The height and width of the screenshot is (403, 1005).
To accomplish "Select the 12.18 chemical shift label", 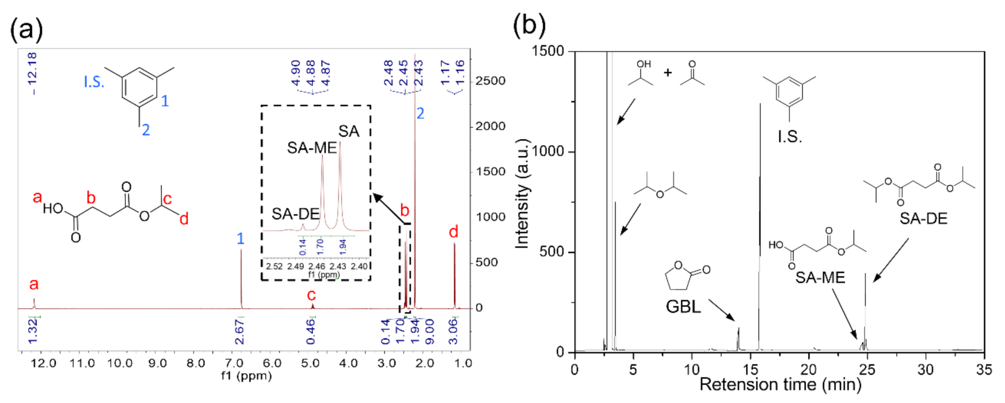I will point(32,73).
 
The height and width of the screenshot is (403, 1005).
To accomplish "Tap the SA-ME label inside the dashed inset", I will point(312,148).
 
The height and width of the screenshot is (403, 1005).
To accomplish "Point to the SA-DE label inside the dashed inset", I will point(295,214).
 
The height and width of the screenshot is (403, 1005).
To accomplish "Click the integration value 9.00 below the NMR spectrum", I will point(429,332).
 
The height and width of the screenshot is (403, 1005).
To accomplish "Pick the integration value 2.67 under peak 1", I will point(239,332).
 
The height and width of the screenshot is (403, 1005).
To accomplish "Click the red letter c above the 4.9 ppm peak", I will point(311,295).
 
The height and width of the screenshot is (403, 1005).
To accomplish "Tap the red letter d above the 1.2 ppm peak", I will point(453,232).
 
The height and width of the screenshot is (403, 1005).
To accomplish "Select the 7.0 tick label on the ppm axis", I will point(234,364).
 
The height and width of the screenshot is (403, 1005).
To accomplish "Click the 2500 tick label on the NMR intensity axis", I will point(491,81).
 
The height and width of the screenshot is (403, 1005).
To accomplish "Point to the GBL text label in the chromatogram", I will point(683,307).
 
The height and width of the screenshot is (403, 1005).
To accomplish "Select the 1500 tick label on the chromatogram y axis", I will point(548,51).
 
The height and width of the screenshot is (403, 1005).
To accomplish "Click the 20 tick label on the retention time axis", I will point(808,369).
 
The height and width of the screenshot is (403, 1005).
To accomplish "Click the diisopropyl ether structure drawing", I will point(660,186).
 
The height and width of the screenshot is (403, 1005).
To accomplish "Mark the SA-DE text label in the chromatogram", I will point(923,219).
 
